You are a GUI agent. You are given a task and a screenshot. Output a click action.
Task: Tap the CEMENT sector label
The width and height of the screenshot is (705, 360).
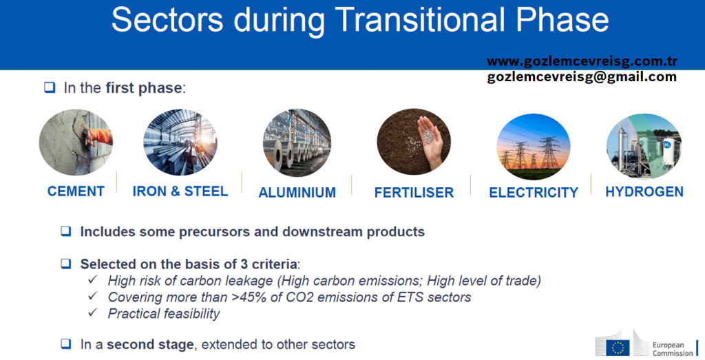point(76,191)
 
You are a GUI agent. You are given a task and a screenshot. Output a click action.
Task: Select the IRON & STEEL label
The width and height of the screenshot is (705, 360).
point(180,191)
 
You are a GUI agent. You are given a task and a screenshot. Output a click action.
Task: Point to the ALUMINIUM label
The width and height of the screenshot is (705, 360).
point(297,192)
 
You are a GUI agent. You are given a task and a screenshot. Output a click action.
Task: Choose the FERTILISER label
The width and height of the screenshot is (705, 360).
point(414,192)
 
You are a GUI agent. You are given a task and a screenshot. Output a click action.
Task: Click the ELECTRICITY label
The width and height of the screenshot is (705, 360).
point(534,192)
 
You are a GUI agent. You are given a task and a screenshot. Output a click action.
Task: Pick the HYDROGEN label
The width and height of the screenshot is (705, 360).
point(644,192)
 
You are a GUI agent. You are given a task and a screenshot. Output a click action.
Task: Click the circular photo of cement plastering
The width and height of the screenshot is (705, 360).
point(76,142)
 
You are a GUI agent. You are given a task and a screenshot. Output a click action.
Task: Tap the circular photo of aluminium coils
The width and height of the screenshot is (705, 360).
point(297,143)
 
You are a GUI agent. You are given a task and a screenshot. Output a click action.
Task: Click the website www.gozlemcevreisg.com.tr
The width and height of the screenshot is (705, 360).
point(582,61)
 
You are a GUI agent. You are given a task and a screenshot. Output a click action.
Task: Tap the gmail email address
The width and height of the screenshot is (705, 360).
point(582,77)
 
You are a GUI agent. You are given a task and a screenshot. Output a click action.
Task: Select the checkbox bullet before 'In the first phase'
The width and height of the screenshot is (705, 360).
point(50,87)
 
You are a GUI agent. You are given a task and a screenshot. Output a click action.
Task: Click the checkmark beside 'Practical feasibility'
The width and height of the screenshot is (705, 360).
point(93,313)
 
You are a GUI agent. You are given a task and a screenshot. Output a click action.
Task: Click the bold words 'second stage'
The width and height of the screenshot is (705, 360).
point(150,345)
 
